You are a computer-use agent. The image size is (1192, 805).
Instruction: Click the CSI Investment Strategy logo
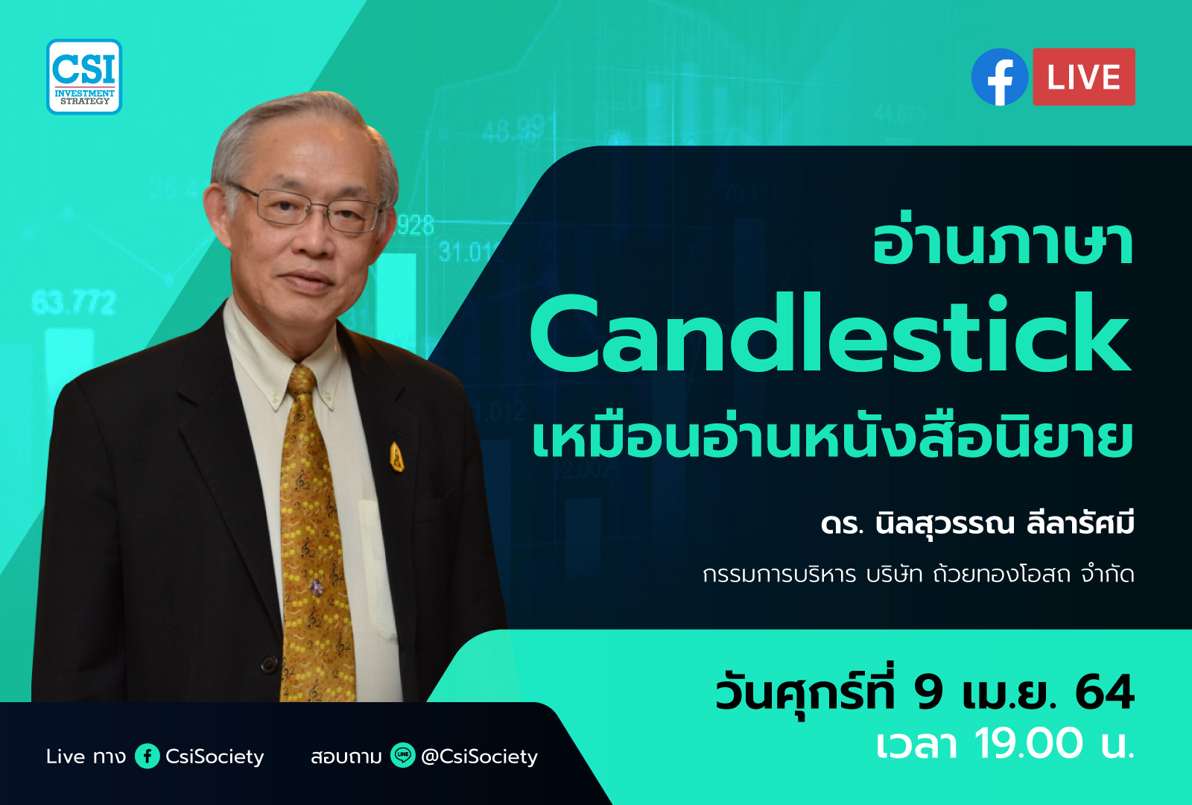[x=84, y=77]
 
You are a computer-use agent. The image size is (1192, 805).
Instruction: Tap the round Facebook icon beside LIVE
[x=1000, y=77]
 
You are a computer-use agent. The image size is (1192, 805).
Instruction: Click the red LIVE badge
[x=1084, y=77]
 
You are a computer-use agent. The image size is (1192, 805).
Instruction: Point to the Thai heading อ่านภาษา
[x=1003, y=244]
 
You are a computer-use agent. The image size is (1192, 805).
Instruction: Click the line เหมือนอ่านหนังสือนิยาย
[x=832, y=438]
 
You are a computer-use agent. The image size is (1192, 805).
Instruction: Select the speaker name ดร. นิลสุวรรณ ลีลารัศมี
[x=977, y=523]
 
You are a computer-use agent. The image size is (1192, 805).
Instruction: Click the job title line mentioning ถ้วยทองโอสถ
[x=918, y=575]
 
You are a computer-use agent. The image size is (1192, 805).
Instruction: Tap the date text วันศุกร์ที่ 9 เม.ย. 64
[x=925, y=692]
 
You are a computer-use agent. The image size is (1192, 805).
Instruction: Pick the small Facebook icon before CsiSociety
[x=148, y=757]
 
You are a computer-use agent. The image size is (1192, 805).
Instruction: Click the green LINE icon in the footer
[x=403, y=756]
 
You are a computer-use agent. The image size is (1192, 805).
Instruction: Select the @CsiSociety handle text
[x=479, y=757]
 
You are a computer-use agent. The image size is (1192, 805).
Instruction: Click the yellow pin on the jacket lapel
[x=397, y=457]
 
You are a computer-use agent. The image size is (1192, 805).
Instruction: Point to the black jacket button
[x=269, y=663]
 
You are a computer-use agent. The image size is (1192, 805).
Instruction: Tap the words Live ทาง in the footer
[x=86, y=757]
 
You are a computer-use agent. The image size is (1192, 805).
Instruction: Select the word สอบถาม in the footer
[x=346, y=757]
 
